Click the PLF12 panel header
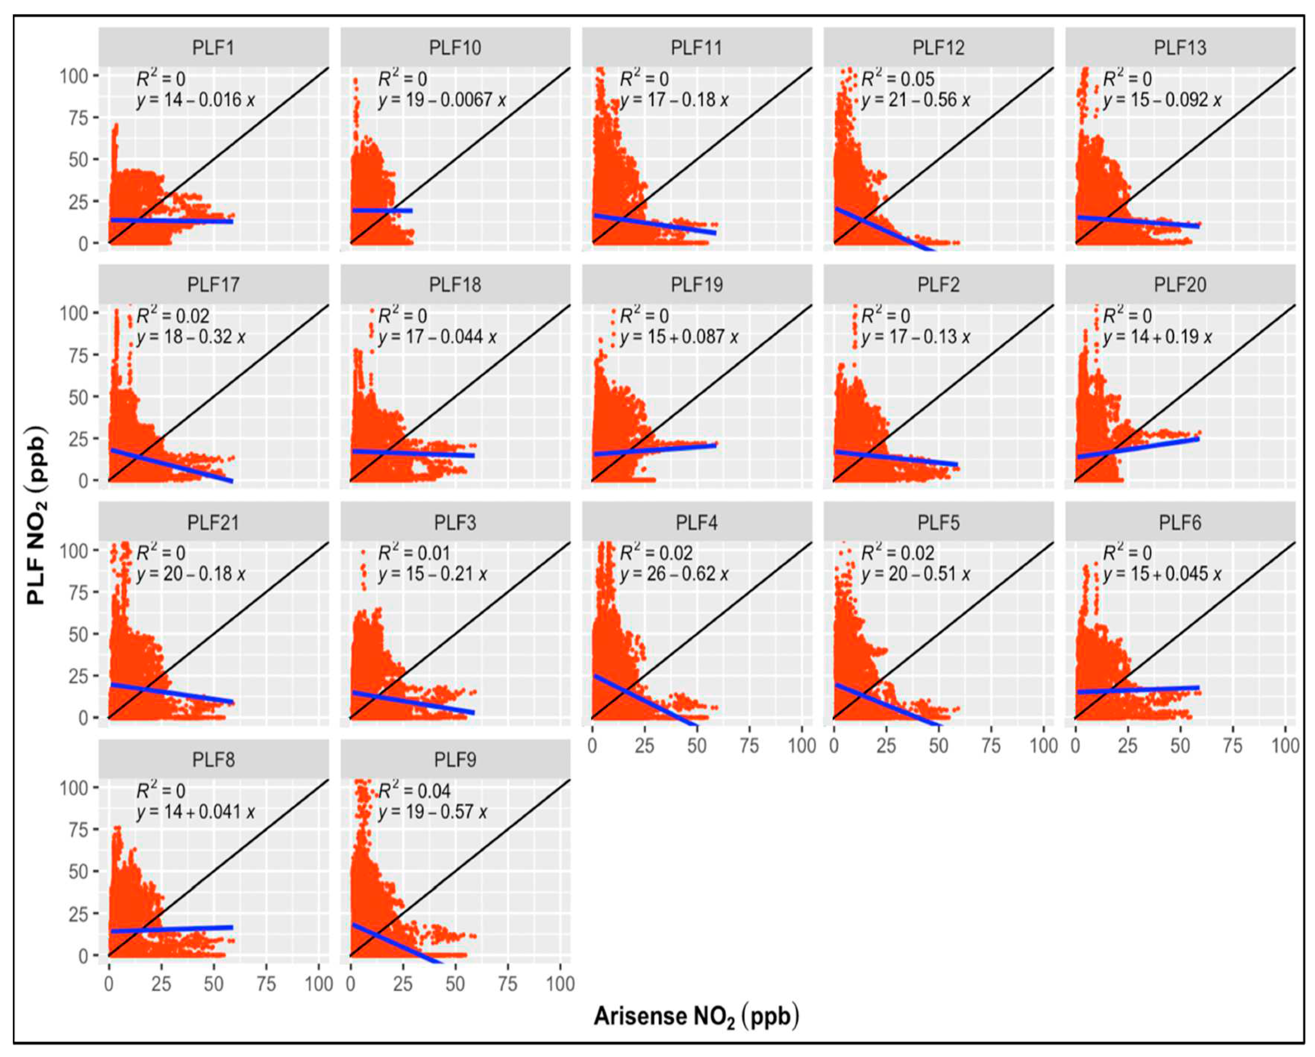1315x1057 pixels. pyautogui.click(x=938, y=48)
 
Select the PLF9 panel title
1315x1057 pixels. pyautogui.click(x=455, y=760)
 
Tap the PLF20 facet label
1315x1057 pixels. pyautogui.click(x=1180, y=285)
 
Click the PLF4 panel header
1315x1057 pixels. pyautogui.click(x=697, y=523)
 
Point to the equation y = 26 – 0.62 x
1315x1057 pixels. pyautogui.click(x=674, y=574)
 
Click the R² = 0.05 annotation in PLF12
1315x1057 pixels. pyautogui.click(x=897, y=79)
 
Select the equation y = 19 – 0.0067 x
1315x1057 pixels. pyautogui.click(x=442, y=100)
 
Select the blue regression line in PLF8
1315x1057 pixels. pyautogui.click(x=171, y=929)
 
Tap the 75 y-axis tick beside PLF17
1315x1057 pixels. pyautogui.click(x=78, y=355)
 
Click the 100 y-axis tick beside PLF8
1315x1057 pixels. pyautogui.click(x=73, y=788)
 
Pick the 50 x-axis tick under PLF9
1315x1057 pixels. pyautogui.click(x=455, y=983)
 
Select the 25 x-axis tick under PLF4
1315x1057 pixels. pyautogui.click(x=644, y=745)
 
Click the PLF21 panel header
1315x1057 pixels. pyautogui.click(x=213, y=523)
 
